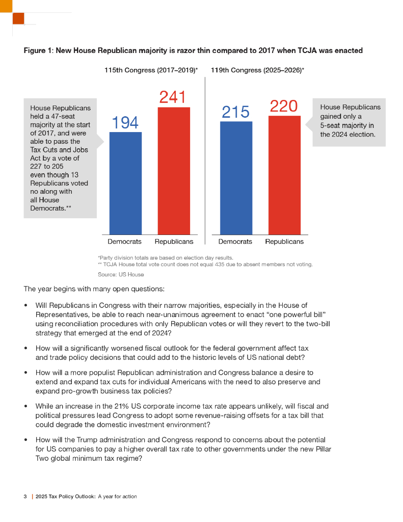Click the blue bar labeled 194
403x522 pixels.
pos(125,183)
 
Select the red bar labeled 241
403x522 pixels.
pos(174,171)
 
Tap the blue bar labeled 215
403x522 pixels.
pos(236,177)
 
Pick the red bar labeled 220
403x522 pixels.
pos(284,175)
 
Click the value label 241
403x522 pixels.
pos(172,97)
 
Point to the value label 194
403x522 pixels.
pos(125,122)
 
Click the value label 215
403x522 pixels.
pos(235,112)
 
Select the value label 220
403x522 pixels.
pos(283,106)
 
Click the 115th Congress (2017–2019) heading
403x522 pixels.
pos(151,69)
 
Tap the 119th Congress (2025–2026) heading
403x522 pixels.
pos(257,69)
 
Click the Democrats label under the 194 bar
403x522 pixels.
pos(124,242)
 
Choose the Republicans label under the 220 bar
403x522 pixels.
pos(284,242)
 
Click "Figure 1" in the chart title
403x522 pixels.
pos(38,50)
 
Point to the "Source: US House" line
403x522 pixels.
pos(121,274)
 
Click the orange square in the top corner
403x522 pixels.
pos(18,18)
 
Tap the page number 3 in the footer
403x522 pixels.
pos(25,497)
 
